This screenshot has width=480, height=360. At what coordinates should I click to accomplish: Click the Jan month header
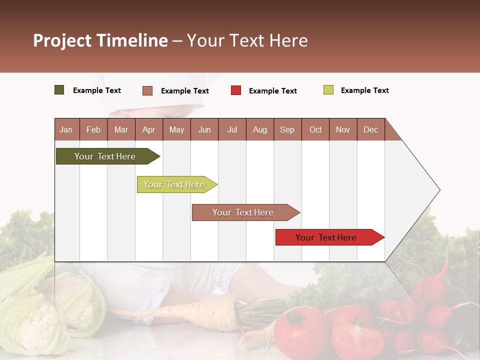[66, 129]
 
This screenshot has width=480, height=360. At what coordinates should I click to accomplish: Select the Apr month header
[148, 129]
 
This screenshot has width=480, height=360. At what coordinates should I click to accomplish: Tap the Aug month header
[259, 129]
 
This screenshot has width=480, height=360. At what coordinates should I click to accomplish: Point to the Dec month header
[370, 129]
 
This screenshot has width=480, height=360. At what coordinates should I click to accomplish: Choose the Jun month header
[204, 129]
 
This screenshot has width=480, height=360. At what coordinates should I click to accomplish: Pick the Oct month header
[315, 129]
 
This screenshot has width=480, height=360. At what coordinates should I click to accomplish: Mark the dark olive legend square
[59, 90]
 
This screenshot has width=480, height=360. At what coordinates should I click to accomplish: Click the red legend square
[236, 90]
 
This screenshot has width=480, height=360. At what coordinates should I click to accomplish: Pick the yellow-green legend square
[328, 90]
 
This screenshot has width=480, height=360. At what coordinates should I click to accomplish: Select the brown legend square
[147, 90]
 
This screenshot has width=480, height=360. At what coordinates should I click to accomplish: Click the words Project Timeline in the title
[100, 40]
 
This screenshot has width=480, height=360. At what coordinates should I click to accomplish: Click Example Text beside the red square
[272, 90]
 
